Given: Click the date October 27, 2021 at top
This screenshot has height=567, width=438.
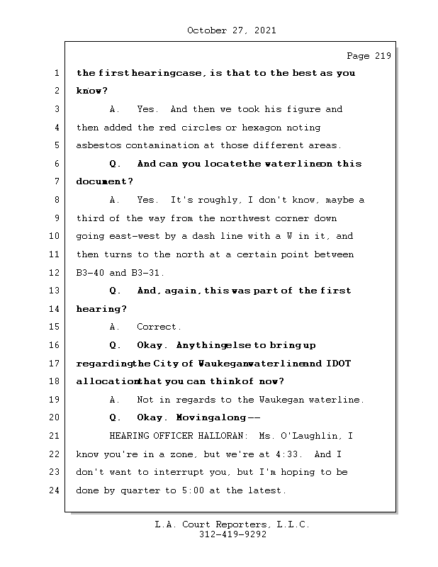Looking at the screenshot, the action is click(x=232, y=30).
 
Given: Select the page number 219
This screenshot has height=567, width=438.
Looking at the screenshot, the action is click(x=383, y=56).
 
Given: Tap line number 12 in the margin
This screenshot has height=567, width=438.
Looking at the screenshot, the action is click(x=54, y=273).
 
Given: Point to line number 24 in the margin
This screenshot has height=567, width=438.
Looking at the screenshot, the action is click(x=54, y=490).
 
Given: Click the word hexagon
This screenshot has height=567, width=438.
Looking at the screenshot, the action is click(x=262, y=128).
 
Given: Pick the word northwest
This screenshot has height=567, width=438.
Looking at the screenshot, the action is click(x=245, y=218).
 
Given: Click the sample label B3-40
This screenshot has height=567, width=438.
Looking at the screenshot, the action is click(x=90, y=273).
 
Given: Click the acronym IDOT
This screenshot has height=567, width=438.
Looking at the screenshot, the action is click(x=338, y=364).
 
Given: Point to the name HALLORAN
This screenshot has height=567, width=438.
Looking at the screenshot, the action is click(x=220, y=436).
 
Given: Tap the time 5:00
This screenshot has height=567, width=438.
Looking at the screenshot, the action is click(x=193, y=490).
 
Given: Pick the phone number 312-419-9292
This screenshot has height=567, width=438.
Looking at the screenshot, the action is click(x=233, y=534).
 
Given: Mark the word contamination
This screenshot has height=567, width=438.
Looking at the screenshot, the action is click(x=162, y=146).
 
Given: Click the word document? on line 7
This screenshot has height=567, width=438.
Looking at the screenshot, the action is click(x=104, y=182).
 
